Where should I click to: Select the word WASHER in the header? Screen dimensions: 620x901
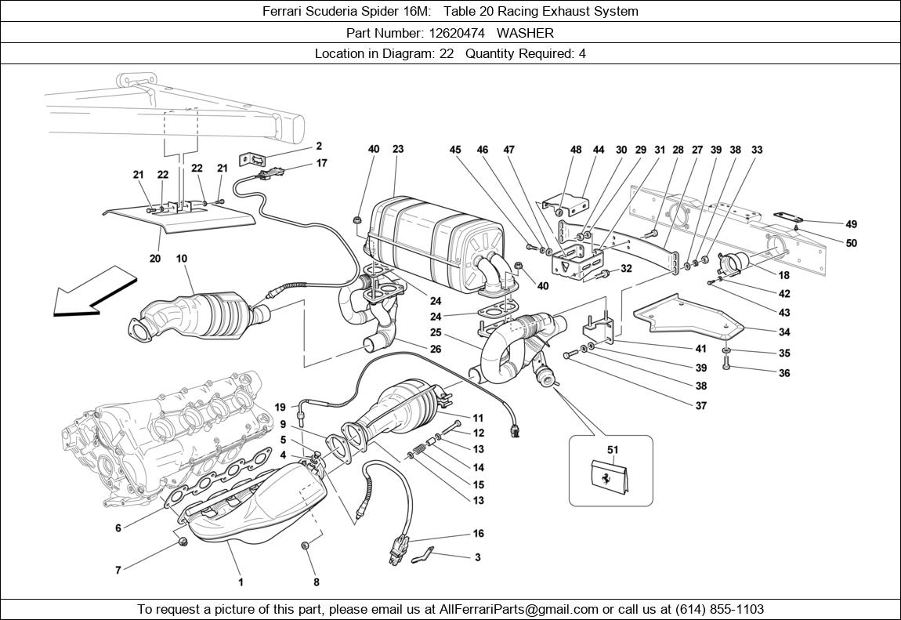click(x=525, y=33)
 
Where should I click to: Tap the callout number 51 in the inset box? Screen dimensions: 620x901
click(x=613, y=450)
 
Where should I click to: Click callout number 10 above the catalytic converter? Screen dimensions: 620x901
click(x=181, y=259)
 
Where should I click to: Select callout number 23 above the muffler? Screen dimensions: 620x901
click(x=398, y=149)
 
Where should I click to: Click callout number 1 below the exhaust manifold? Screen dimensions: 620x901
click(x=241, y=582)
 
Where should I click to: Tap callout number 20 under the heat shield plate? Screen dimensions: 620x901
click(x=155, y=259)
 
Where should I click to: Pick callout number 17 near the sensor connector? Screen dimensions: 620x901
click(x=322, y=163)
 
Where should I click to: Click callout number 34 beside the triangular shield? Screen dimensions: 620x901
click(x=784, y=332)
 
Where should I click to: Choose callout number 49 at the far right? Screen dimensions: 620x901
click(x=852, y=224)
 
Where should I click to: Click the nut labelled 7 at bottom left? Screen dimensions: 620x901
click(x=182, y=542)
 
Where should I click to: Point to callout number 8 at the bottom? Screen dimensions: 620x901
click(x=317, y=582)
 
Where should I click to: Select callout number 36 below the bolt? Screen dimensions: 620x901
click(x=784, y=373)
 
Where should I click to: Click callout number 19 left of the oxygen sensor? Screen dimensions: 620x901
click(x=280, y=407)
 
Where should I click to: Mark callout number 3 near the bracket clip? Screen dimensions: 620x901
click(x=478, y=557)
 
